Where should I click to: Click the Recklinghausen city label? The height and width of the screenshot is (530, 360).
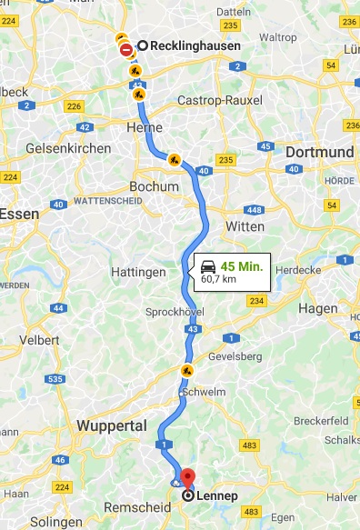(195, 46)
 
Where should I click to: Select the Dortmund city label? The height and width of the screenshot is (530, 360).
(319, 152)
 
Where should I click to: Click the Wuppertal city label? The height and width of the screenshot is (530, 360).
(112, 425)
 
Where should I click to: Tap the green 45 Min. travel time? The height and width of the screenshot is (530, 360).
(242, 266)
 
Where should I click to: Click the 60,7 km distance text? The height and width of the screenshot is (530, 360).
(219, 280)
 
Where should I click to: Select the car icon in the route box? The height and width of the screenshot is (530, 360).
(208, 267)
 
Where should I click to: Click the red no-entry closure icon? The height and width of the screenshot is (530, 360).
(125, 51)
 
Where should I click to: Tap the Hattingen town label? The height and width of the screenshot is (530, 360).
(138, 272)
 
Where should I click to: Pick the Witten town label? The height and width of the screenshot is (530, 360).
(245, 225)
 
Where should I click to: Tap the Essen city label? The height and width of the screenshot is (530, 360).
(17, 214)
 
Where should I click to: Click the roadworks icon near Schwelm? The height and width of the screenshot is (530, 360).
(186, 371)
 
